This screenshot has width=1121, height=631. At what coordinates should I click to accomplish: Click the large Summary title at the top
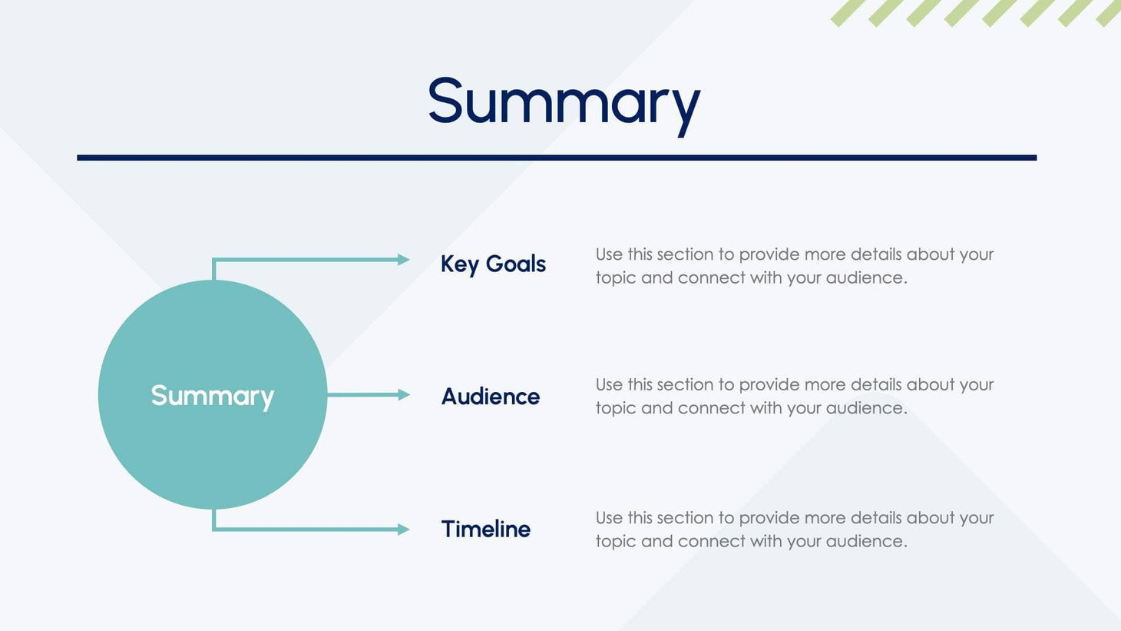pyautogui.click(x=564, y=101)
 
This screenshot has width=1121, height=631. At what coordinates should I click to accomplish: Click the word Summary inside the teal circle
pyautogui.click(x=212, y=395)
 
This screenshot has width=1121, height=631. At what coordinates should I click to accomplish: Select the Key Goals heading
pyautogui.click(x=493, y=264)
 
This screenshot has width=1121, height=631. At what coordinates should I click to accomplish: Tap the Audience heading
pyautogui.click(x=490, y=396)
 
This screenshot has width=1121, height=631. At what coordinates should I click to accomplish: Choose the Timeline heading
pyautogui.click(x=485, y=529)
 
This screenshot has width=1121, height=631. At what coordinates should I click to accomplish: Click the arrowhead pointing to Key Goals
pyautogui.click(x=403, y=260)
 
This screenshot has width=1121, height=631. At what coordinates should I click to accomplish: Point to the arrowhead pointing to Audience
pyautogui.click(x=403, y=394)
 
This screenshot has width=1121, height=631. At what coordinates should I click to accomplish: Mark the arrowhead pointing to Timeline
pyautogui.click(x=403, y=529)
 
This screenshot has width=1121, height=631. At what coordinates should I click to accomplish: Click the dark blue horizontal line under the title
pyautogui.click(x=557, y=158)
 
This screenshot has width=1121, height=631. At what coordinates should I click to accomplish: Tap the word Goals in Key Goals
pyautogui.click(x=515, y=264)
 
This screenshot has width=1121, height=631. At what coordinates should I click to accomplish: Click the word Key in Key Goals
pyautogui.click(x=459, y=264)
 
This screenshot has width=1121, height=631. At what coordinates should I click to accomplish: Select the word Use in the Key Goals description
pyautogui.click(x=609, y=254)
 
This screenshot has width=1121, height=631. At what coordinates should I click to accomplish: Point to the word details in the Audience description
pyautogui.click(x=876, y=384)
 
